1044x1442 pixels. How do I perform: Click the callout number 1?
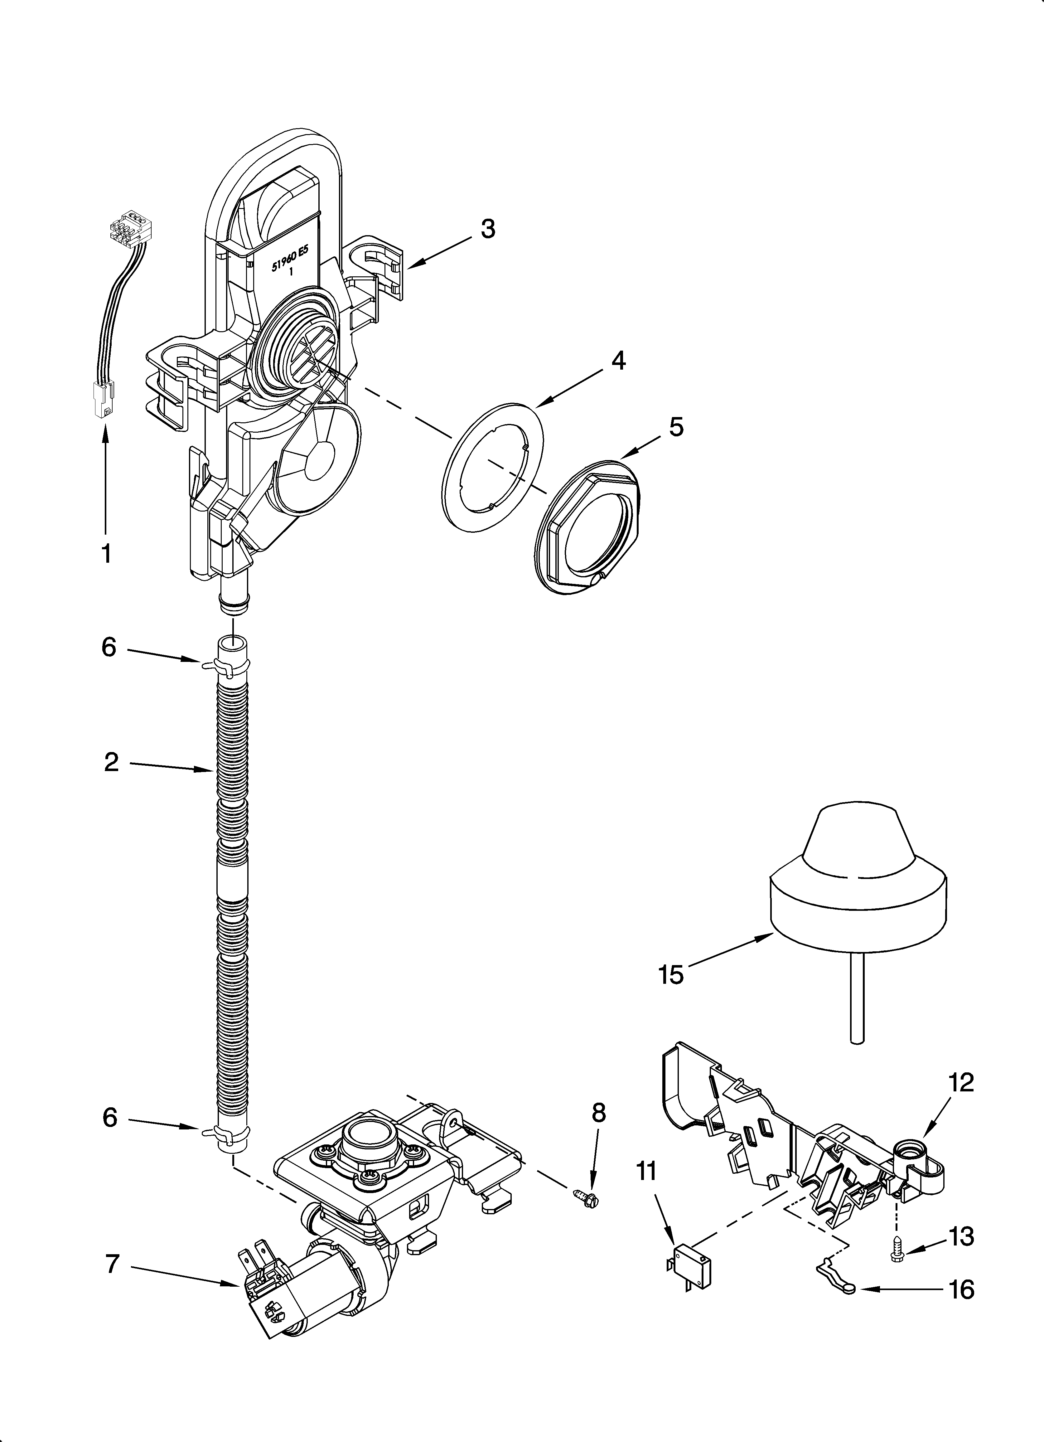[x=106, y=553]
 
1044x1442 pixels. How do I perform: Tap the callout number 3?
[x=488, y=229]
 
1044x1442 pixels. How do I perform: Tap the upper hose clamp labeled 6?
[x=223, y=666]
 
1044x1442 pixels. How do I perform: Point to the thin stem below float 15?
[x=857, y=1005]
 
